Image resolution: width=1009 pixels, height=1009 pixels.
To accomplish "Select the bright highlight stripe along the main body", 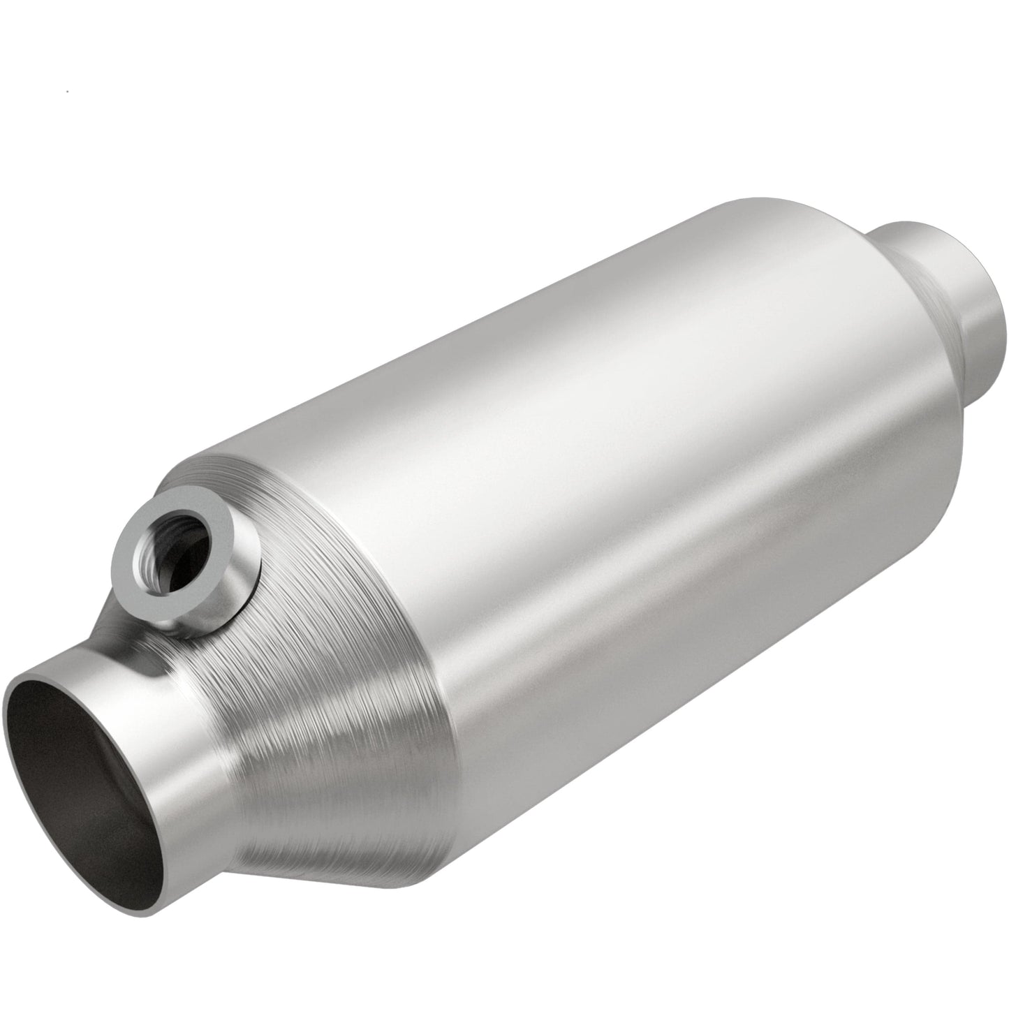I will pyautogui.click(x=559, y=391).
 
